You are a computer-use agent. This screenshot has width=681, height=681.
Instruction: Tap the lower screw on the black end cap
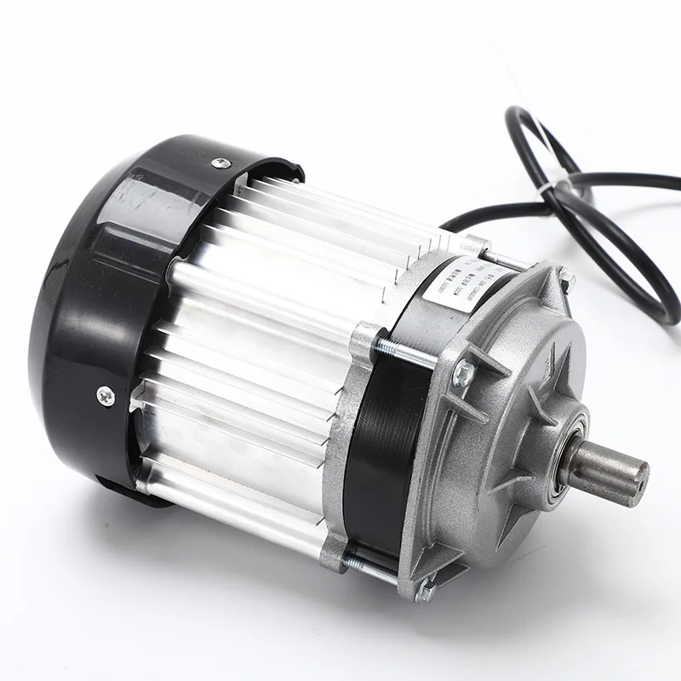(105, 393)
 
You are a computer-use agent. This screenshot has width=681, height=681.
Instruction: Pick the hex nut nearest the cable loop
(565, 278)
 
